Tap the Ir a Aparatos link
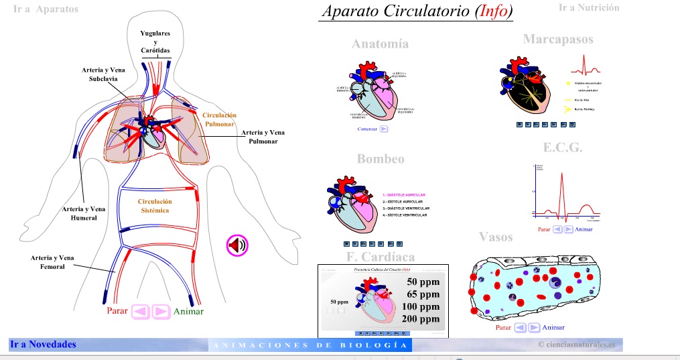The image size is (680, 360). click(46, 9)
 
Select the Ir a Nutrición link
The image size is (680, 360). click(589, 7)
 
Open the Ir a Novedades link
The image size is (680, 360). click(43, 345)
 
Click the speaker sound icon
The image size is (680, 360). click(237, 245)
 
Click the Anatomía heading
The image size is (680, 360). click(380, 44)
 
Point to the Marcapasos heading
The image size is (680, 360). click(558, 40)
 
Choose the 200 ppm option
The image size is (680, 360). click(421, 319)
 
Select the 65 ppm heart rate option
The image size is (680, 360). click(423, 294)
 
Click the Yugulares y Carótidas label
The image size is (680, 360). click(155, 42)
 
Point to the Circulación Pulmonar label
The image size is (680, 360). click(219, 119)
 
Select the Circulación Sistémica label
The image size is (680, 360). click(155, 206)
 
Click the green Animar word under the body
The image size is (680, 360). click(188, 312)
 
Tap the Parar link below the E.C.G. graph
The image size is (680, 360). click(544, 229)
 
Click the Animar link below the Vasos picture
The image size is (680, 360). click(553, 328)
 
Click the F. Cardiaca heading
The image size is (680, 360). click(380, 257)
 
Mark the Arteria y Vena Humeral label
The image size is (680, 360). click(84, 213)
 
